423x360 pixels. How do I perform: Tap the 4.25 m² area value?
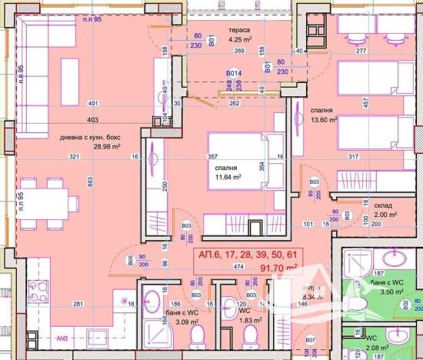click(230, 40)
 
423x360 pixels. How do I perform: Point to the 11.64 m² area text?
click(228, 176)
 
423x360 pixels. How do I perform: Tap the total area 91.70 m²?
click(258, 268)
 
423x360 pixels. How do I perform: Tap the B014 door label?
click(234, 74)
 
